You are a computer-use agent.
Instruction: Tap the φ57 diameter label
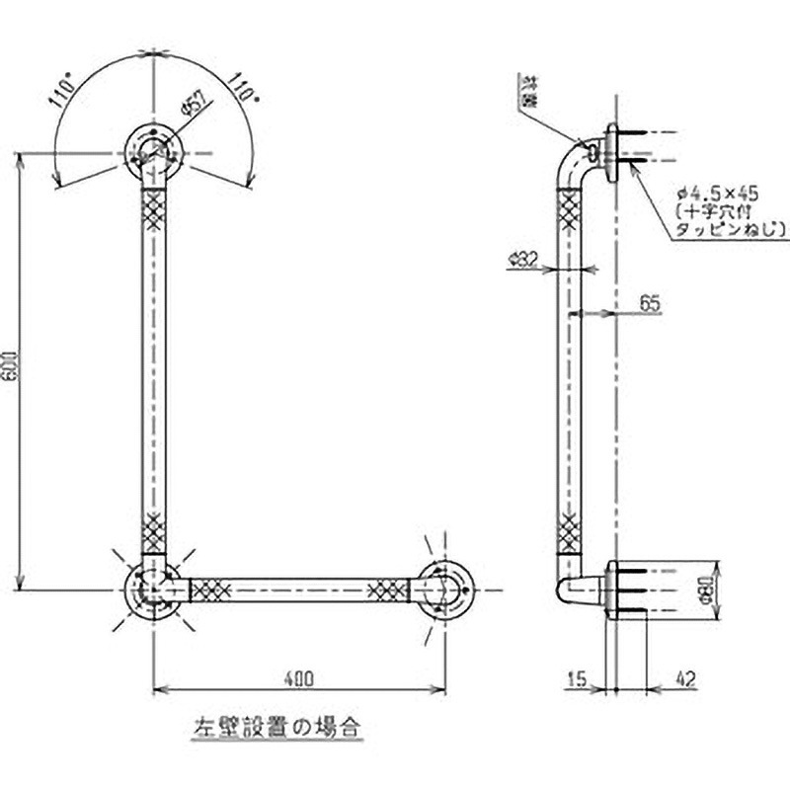(194, 106)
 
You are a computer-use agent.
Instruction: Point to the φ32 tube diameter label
(522, 259)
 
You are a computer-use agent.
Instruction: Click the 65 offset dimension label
(649, 303)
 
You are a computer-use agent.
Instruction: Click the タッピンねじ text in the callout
(731, 229)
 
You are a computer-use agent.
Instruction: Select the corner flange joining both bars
(152, 591)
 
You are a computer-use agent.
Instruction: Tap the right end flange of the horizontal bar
(446, 591)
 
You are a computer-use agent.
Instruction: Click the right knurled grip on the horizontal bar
(387, 591)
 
